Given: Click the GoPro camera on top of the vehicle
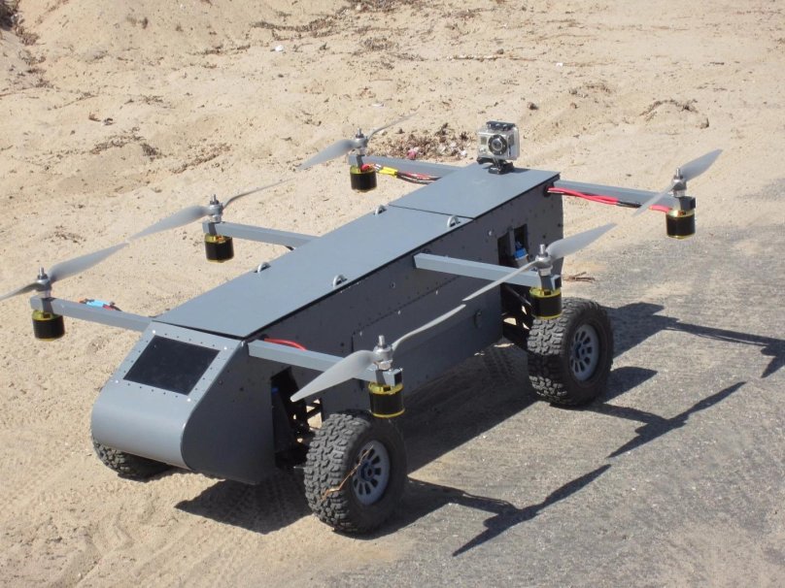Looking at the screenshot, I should pos(497,145).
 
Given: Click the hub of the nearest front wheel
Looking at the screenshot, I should pos(369,473).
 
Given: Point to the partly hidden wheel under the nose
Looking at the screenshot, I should pos(126,461).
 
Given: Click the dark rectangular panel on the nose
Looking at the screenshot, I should pos(170,364).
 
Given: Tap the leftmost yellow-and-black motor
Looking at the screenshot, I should pos(48,325).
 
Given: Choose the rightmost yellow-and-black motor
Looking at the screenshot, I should pos(680,222).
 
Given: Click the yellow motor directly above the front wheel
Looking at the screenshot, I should pos(386,399).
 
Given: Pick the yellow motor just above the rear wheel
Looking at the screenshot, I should pos(545,302).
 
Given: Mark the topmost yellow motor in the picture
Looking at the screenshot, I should pos(362,178).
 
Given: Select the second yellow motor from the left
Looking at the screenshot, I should pos(219,246).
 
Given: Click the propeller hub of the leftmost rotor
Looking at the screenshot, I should pos(44,281).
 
